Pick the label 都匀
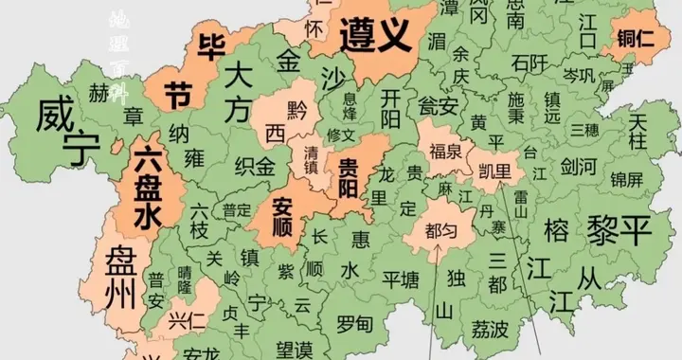coord(440,228)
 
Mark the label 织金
coord(254,168)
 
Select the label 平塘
coord(400,279)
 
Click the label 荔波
coord(490,328)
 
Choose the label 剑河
coord(578,167)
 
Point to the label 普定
coord(237,210)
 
